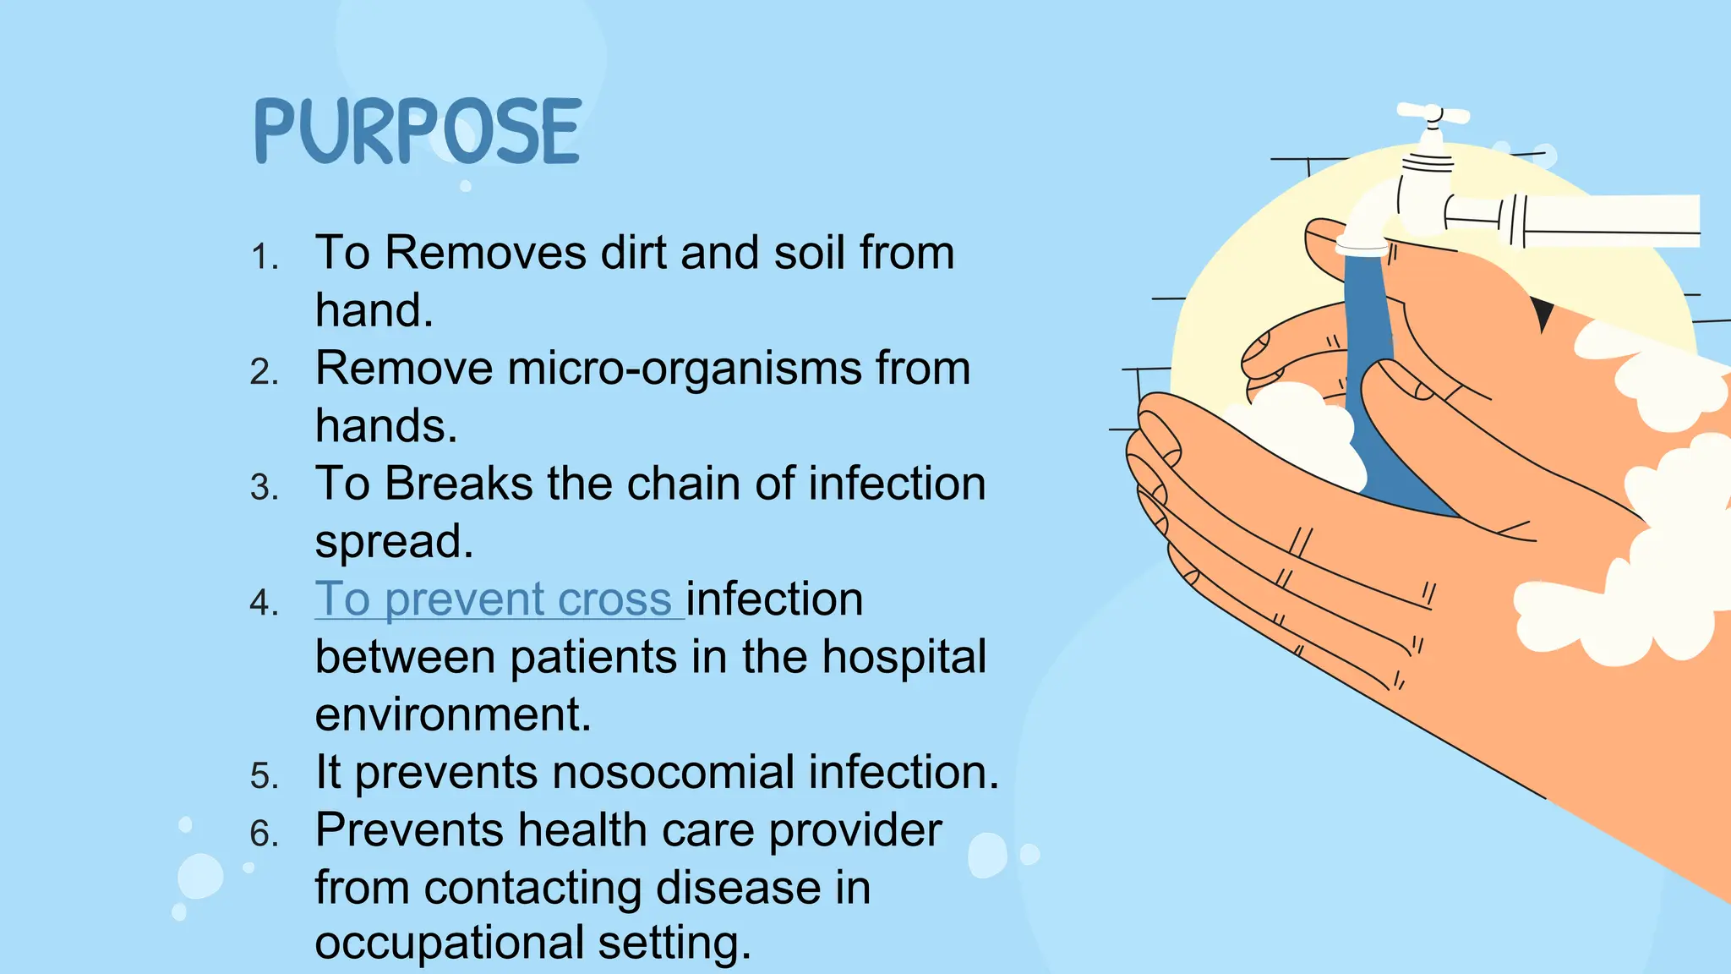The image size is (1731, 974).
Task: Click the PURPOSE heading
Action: coord(418,131)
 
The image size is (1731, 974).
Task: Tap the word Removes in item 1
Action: coord(485,253)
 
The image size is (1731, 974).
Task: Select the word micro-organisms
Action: coord(685,369)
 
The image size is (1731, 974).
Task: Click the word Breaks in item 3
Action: coord(458,484)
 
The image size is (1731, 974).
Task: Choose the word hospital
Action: coord(904,657)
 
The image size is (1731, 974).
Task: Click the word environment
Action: coord(452,714)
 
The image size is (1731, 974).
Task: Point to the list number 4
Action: coord(264,603)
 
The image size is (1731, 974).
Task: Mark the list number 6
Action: coord(264,834)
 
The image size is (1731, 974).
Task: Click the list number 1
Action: coord(264,256)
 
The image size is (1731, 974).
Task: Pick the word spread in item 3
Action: coord(393,541)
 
